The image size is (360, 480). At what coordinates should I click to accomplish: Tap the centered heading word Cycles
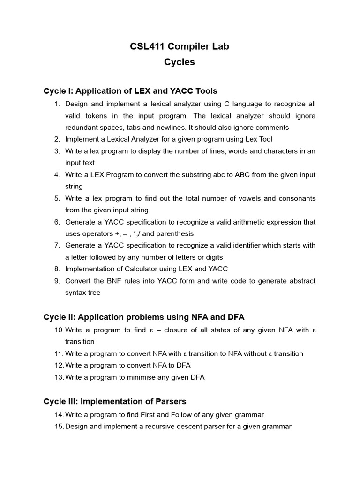[x=180, y=62]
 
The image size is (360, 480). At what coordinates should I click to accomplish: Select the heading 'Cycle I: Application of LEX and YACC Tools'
[x=130, y=91]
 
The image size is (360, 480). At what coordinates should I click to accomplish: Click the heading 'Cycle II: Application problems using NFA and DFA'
[x=144, y=317]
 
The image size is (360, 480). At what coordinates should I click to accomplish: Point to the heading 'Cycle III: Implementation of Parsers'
[x=115, y=402]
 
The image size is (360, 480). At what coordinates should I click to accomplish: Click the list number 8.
[x=57, y=269]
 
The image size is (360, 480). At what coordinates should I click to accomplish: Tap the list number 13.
[x=59, y=377]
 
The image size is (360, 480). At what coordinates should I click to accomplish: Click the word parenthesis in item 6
[x=174, y=234]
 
